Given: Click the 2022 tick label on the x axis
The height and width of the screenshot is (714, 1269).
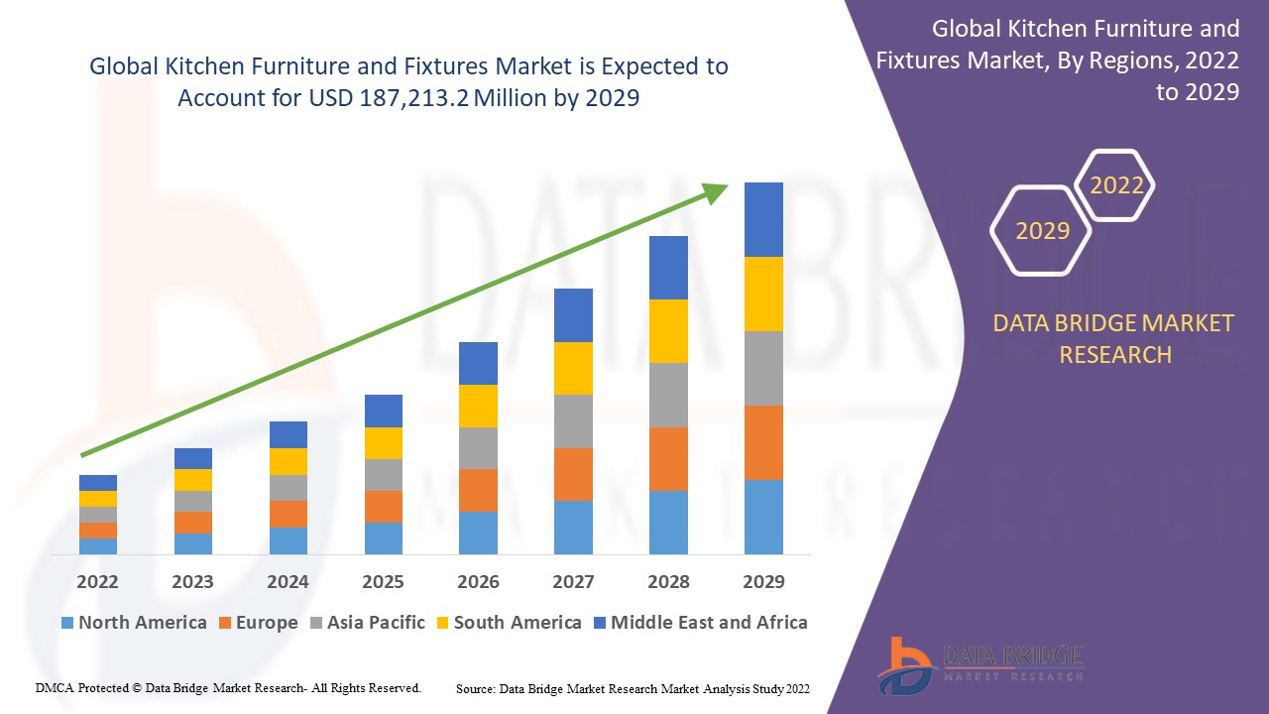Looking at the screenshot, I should tap(97, 582).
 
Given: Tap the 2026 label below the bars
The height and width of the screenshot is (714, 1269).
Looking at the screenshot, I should tap(478, 582).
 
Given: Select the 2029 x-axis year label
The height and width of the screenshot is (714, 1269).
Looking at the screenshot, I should tap(763, 582).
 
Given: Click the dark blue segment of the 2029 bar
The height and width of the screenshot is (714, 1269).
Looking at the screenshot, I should tap(763, 219).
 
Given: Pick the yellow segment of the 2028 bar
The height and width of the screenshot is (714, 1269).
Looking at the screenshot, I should tap(668, 331).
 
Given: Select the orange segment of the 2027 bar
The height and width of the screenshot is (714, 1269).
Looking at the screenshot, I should tap(573, 474).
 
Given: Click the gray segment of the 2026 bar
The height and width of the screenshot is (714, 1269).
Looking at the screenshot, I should tap(478, 448).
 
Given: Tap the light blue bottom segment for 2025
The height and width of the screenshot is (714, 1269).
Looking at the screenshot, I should tap(383, 537).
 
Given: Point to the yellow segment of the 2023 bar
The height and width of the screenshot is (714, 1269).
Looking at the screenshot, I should tap(192, 480).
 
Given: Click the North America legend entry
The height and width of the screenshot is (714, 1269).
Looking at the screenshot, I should tap(134, 623).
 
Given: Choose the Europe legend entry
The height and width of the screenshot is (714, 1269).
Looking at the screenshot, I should tap(257, 623).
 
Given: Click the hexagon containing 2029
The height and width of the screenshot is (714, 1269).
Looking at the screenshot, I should tap(1042, 231).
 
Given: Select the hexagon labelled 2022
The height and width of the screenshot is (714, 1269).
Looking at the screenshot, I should tap(1116, 185).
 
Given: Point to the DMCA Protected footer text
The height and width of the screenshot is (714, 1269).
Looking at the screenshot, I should tap(228, 687).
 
